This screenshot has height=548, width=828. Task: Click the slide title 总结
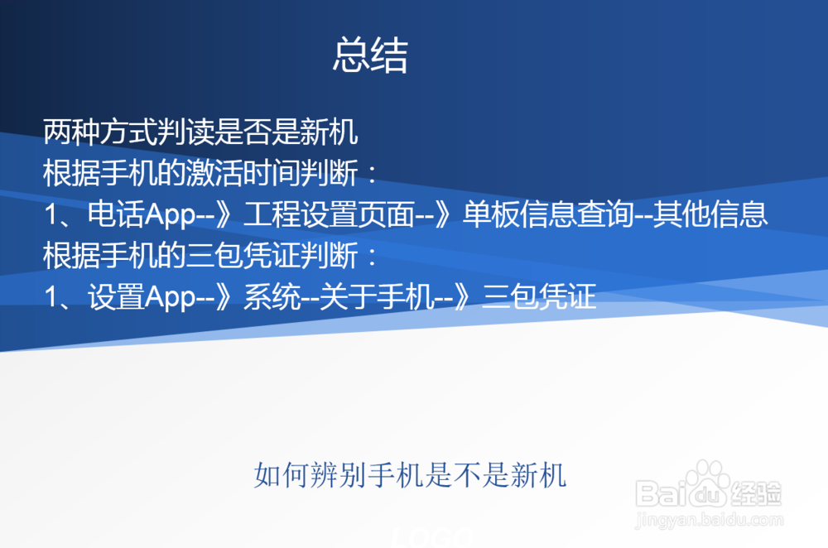click(371, 55)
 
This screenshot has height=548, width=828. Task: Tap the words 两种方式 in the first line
click(100, 132)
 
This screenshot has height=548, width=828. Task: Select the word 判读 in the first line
click(185, 132)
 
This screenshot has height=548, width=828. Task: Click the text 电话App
click(141, 214)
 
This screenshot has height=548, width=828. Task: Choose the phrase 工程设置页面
click(329, 214)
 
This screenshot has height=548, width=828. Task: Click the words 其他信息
click(710, 214)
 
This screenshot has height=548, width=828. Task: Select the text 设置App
click(141, 296)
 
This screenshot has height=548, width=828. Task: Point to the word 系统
click(272, 296)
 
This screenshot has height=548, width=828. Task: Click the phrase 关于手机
click(377, 296)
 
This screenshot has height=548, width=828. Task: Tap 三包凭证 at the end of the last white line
click(539, 296)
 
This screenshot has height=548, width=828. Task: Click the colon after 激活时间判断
click(373, 174)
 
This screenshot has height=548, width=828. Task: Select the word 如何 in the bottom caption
click(282, 475)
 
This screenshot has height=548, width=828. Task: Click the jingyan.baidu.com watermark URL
click(710, 520)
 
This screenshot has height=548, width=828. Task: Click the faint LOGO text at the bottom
click(432, 537)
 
